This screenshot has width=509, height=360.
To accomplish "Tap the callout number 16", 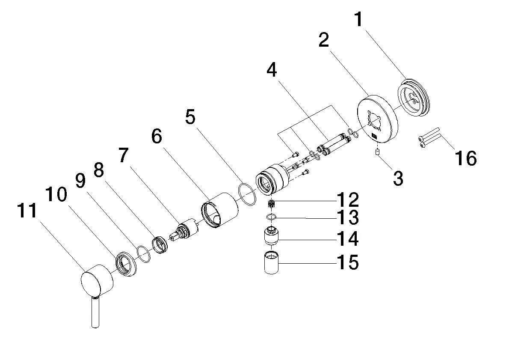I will pos(465,158).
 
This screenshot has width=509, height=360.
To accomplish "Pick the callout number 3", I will pos(398,179).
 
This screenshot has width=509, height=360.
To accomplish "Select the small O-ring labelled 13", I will pos(270,217).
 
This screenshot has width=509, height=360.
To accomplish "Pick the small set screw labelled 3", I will pos(377,153).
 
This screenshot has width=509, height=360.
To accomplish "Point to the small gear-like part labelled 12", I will pos(271,202).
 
